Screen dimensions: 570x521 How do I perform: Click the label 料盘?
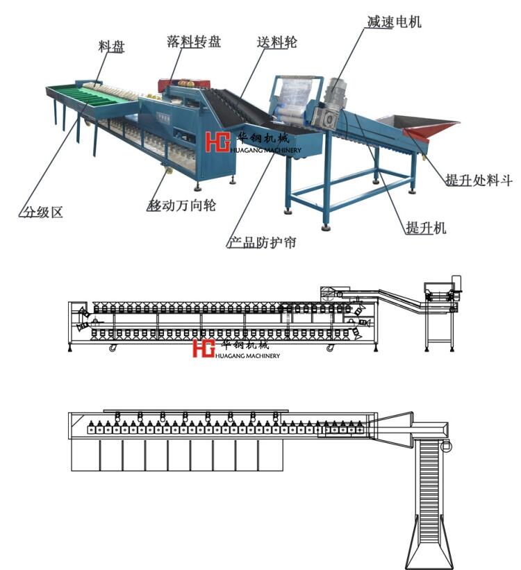(110, 48)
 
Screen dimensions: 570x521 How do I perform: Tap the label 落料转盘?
(194, 42)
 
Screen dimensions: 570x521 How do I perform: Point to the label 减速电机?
(394, 22)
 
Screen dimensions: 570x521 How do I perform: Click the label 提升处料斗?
(479, 181)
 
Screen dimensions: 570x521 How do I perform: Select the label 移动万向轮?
(182, 206)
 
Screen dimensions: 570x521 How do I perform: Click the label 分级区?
(40, 212)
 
